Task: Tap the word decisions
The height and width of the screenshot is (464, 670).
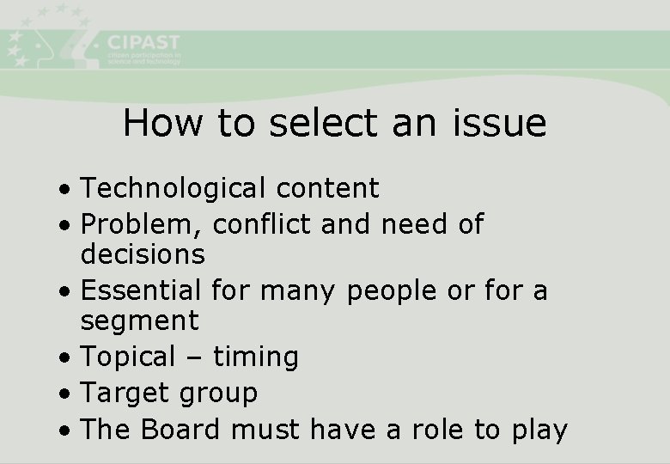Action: (x=143, y=254)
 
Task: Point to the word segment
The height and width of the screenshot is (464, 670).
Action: (x=139, y=321)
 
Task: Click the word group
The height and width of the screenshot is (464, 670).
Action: (x=219, y=394)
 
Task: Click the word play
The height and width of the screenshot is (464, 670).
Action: (x=539, y=430)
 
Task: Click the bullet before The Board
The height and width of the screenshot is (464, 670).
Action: (x=65, y=430)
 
